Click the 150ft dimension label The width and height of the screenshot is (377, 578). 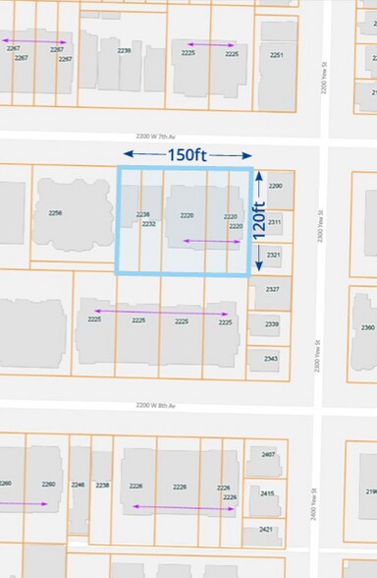(188, 154)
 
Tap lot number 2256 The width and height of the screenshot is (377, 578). (55, 213)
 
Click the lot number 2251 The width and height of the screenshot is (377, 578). (277, 55)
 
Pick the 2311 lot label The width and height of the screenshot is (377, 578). (275, 222)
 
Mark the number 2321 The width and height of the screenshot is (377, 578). (274, 256)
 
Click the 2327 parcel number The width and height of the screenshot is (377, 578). (272, 289)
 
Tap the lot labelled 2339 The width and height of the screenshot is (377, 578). (271, 324)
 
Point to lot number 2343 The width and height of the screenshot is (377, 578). (270, 359)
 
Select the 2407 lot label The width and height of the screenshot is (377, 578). (267, 455)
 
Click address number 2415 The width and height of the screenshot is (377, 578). (266, 493)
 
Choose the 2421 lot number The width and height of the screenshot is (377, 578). (265, 529)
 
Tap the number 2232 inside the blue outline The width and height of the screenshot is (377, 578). (149, 224)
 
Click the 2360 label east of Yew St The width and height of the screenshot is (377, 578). (367, 327)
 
